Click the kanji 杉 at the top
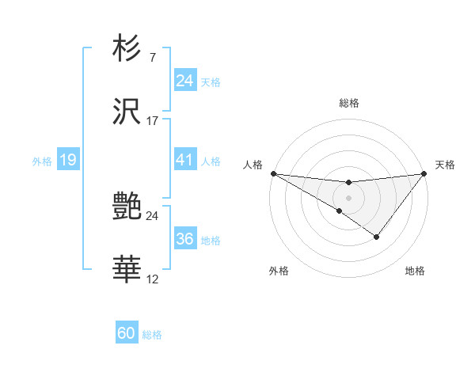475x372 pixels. pyautogui.click(x=127, y=50)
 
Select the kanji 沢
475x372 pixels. pyautogui.click(x=127, y=114)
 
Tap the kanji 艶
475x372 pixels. pyautogui.click(x=127, y=207)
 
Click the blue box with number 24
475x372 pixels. pyautogui.click(x=184, y=80)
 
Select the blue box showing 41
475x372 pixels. pyautogui.click(x=184, y=160)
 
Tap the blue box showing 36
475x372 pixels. pyautogui.click(x=184, y=239)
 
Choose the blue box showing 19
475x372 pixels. pyautogui.click(x=67, y=160)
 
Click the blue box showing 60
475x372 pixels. pyautogui.click(x=127, y=333)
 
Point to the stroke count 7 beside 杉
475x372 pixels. pyautogui.click(x=152, y=58)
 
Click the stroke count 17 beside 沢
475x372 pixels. pyautogui.click(x=153, y=121)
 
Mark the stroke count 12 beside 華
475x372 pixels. pyautogui.click(x=153, y=279)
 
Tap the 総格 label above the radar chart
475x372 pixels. pyautogui.click(x=349, y=103)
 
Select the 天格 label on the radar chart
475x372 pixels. pyautogui.click(x=445, y=165)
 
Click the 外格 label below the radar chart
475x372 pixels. pyautogui.click(x=279, y=271)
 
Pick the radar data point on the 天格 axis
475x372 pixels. pyautogui.click(x=424, y=173)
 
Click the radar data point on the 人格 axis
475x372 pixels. pyautogui.click(x=273, y=173)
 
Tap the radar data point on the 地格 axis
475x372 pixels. pyautogui.click(x=377, y=237)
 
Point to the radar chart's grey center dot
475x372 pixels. pyautogui.click(x=348, y=197)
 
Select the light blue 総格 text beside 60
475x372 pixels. pyautogui.click(x=152, y=335)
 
